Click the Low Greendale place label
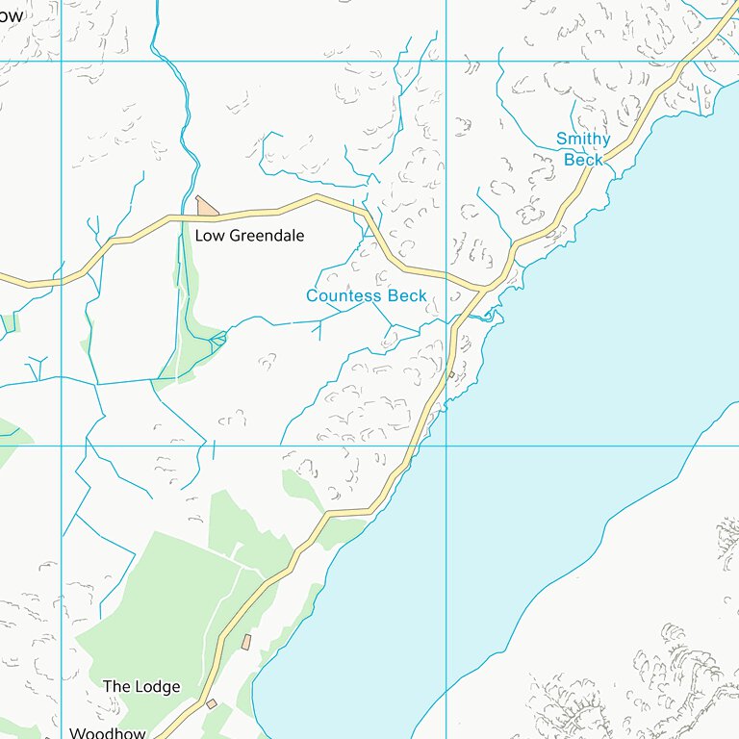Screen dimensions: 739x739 click(x=249, y=236)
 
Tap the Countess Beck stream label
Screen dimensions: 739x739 click(x=366, y=296)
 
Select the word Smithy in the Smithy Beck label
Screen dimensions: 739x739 click(x=583, y=140)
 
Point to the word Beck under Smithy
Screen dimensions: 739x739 click(x=583, y=160)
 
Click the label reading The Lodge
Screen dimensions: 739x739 click(x=141, y=687)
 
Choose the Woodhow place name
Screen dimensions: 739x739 click(x=107, y=733)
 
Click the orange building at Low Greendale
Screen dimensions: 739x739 click(x=206, y=206)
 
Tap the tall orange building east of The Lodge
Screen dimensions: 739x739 click(x=246, y=642)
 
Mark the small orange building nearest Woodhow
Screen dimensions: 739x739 click(x=212, y=703)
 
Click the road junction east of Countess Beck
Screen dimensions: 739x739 click(x=484, y=287)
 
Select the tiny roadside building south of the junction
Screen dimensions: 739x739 click(x=451, y=374)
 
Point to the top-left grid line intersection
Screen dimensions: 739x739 click(x=62, y=61)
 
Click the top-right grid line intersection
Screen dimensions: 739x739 click(x=446, y=61)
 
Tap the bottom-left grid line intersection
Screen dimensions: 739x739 click(x=62, y=446)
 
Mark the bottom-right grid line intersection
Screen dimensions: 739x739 click(x=446, y=446)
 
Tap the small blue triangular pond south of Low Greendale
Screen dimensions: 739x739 click(x=218, y=338)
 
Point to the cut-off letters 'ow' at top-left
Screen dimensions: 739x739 click(x=11, y=15)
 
